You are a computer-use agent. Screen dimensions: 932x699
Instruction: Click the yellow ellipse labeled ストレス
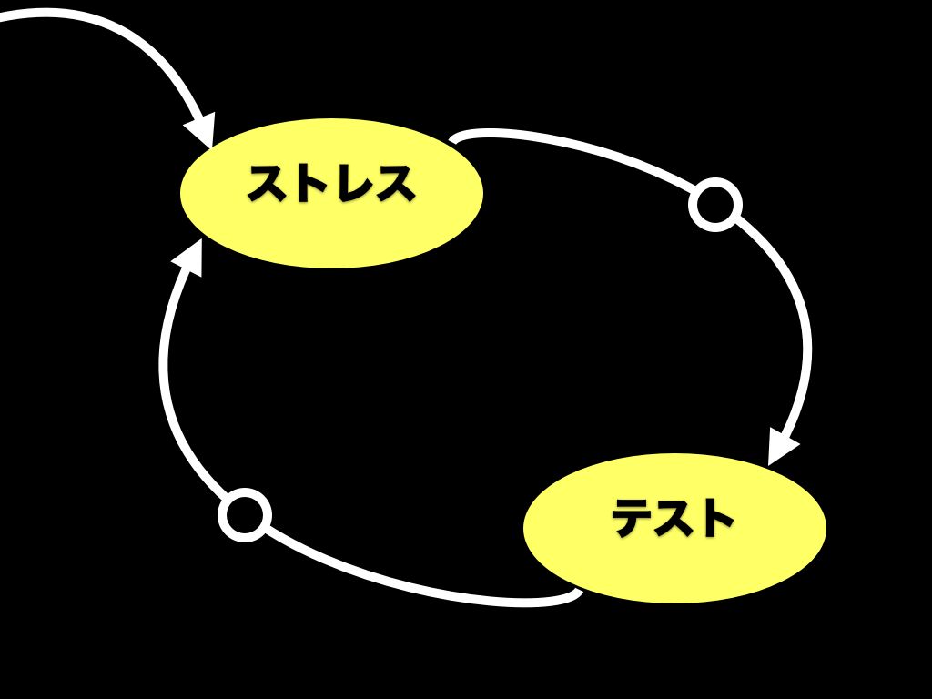coord(331,193)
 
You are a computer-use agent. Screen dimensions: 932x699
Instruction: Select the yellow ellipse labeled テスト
coord(674,528)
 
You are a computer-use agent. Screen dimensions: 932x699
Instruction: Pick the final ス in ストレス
coord(394,183)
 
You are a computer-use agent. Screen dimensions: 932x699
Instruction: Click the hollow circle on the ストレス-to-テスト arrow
coord(715,205)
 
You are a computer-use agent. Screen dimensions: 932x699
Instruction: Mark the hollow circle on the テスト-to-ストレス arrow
coord(245,515)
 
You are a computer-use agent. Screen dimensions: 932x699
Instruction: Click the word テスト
coord(674,518)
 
